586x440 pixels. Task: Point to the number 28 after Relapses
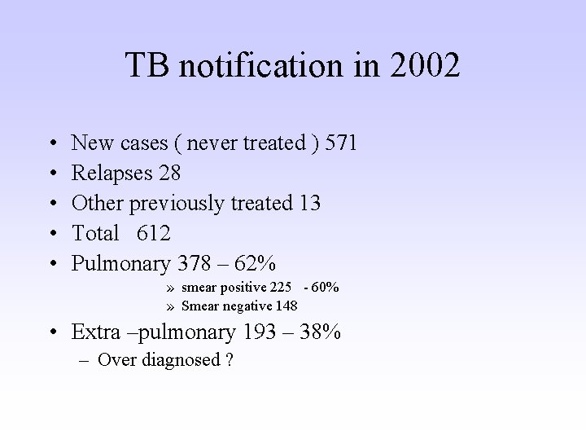tap(171, 174)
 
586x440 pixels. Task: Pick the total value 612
tap(154, 234)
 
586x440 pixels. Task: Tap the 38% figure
tap(322, 332)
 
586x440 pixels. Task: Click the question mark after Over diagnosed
tap(230, 361)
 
